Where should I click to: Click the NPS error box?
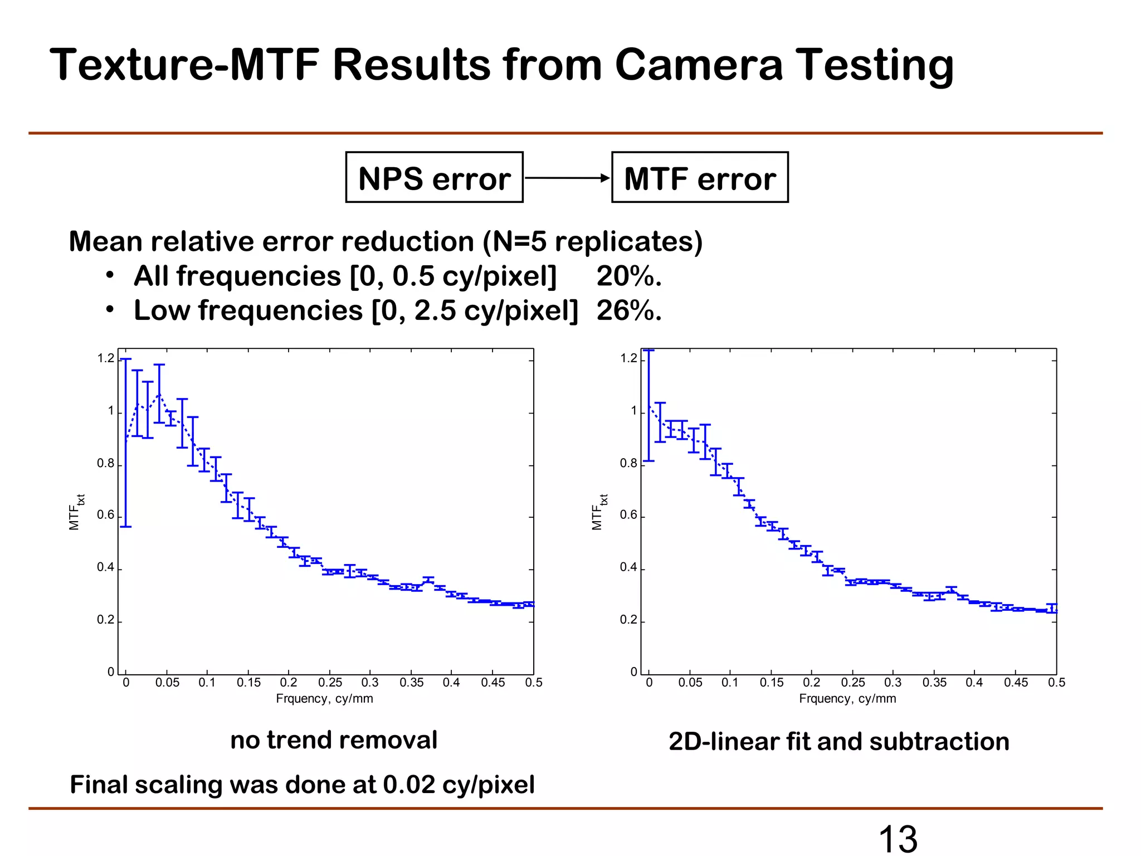[434, 178]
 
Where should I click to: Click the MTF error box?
[700, 178]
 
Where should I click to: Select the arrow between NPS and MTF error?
[567, 178]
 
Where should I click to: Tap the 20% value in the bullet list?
[629, 276]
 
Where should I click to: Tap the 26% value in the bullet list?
[629, 311]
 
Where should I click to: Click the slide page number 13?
[898, 839]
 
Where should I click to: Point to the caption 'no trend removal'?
[334, 740]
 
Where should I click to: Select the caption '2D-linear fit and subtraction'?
[838, 742]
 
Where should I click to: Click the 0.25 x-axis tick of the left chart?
[330, 683]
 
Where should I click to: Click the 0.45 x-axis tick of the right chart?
[1016, 683]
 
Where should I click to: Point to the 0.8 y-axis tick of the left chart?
[106, 464]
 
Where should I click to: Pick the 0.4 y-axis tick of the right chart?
[628, 568]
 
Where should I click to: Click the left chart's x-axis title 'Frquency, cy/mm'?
[324, 699]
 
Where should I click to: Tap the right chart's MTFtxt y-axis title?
[599, 512]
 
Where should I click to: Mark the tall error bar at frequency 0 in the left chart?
[126, 443]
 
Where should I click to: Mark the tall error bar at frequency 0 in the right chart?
[648, 406]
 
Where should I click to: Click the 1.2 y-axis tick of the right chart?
[628, 358]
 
